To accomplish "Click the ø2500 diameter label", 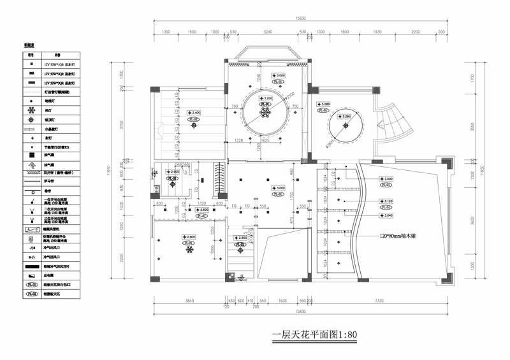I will point(291,96).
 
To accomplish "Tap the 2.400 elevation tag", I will point(194,113).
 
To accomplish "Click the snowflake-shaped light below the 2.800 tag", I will point(189,250).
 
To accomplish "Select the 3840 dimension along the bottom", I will point(188,300).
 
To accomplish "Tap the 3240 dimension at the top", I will point(268,31).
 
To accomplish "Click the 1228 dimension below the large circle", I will point(239,140).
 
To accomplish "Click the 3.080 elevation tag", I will point(324,104).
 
